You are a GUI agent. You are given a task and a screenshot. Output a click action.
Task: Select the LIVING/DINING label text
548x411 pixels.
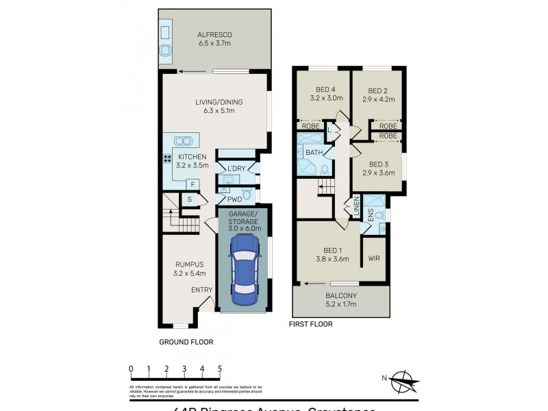tap(219, 103)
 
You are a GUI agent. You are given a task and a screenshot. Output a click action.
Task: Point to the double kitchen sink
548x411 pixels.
tap(183, 141)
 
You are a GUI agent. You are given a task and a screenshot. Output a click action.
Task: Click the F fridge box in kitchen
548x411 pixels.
tap(193, 184)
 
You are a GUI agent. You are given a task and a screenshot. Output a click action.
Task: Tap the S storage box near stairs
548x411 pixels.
tap(189, 199)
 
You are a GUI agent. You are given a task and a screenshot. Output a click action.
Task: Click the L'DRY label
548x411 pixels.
tap(236, 169)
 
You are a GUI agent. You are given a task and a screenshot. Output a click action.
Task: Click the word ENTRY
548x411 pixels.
tap(201, 290)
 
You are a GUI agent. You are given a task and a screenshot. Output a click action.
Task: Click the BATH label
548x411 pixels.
tap(314, 152)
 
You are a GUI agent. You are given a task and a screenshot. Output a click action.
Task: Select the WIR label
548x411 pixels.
tap(374, 259)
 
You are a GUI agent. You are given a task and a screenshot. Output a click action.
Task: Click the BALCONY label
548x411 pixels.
tap(340, 295)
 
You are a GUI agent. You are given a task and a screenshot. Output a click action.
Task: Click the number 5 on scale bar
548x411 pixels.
tap(219, 369)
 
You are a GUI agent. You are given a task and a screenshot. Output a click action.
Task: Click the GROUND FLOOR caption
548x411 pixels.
tap(186, 341)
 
